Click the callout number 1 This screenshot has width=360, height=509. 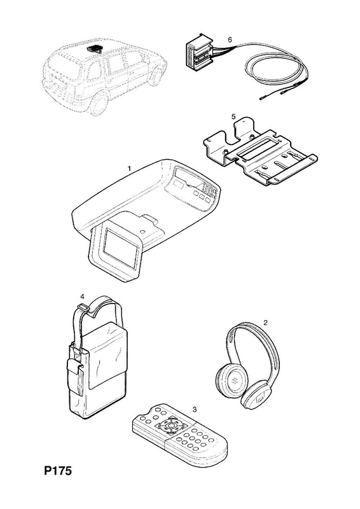(x=129, y=168)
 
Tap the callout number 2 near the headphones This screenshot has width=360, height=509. (x=265, y=323)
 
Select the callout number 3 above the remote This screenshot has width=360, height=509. (x=195, y=409)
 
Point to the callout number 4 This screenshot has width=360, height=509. (x=82, y=296)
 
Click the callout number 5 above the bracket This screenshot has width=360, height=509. (x=233, y=117)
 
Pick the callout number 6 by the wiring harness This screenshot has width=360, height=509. (x=230, y=39)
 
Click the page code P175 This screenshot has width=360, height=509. (x=58, y=470)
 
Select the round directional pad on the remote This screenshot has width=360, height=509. (x=170, y=425)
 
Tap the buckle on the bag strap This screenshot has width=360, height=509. (x=84, y=307)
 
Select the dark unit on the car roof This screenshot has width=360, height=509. (x=95, y=49)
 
